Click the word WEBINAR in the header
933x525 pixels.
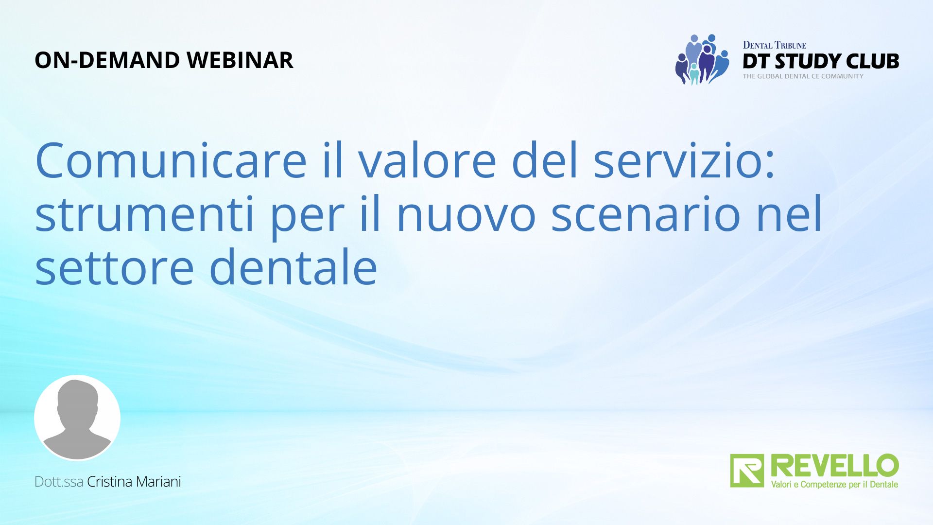(x=240, y=60)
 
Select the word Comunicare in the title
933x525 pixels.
(x=171, y=160)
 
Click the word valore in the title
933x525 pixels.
(x=427, y=160)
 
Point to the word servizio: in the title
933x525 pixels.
(x=684, y=160)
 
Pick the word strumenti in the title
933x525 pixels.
(x=145, y=214)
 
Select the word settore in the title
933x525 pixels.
(x=115, y=267)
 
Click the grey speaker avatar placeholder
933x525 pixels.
(x=77, y=418)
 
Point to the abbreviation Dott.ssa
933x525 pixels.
(x=59, y=482)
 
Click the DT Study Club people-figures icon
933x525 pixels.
(x=702, y=59)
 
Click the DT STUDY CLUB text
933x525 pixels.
(x=821, y=61)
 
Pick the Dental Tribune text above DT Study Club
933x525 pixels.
(x=775, y=45)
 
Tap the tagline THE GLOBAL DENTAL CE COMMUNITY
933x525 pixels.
(x=803, y=76)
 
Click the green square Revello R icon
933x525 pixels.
(x=747, y=471)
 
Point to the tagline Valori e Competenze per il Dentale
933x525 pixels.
(x=834, y=485)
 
